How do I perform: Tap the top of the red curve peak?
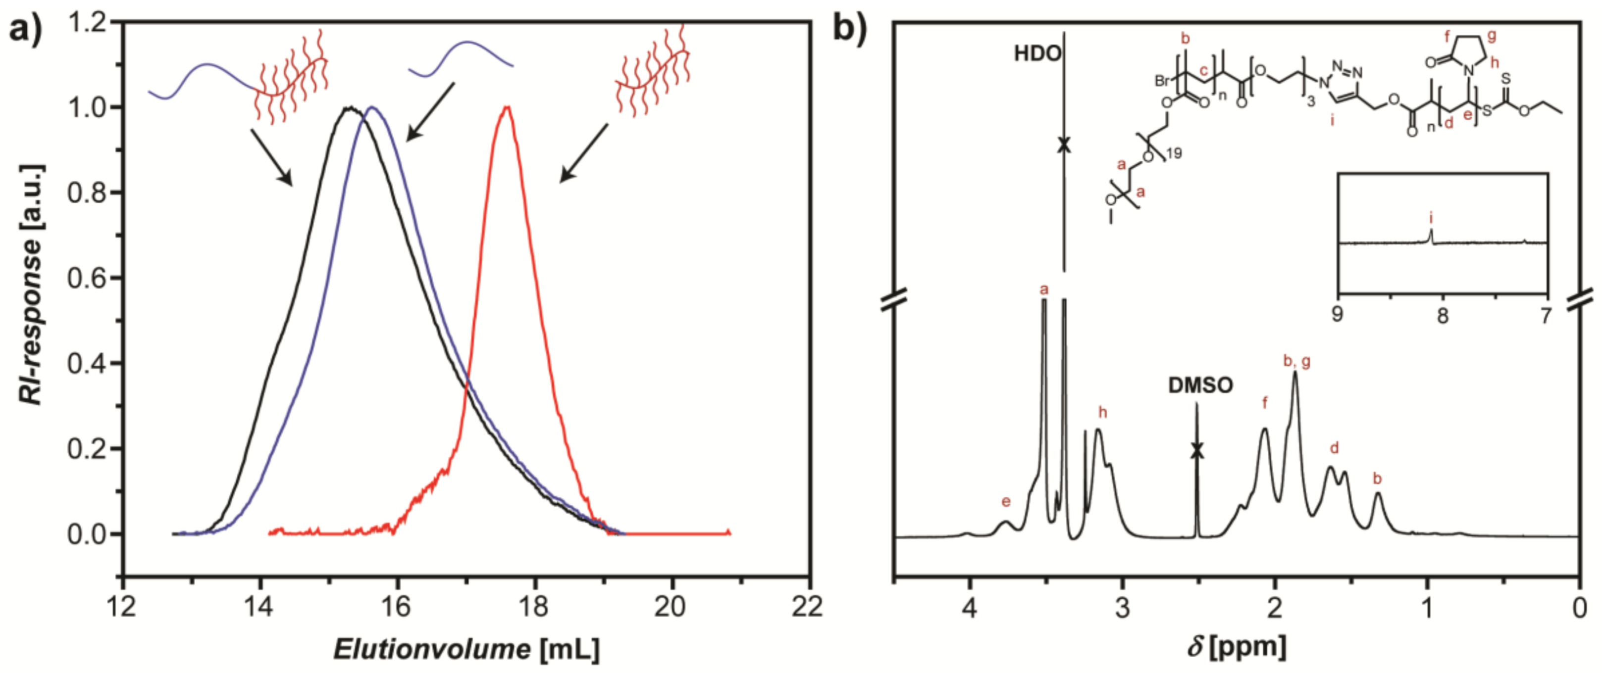point(507,107)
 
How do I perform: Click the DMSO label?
point(1199,386)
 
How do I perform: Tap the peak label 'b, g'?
point(1296,361)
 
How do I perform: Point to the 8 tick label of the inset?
point(1442,316)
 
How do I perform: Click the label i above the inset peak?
point(1431,218)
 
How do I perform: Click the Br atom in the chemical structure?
point(1163,81)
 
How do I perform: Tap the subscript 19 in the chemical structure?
point(1174,153)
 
